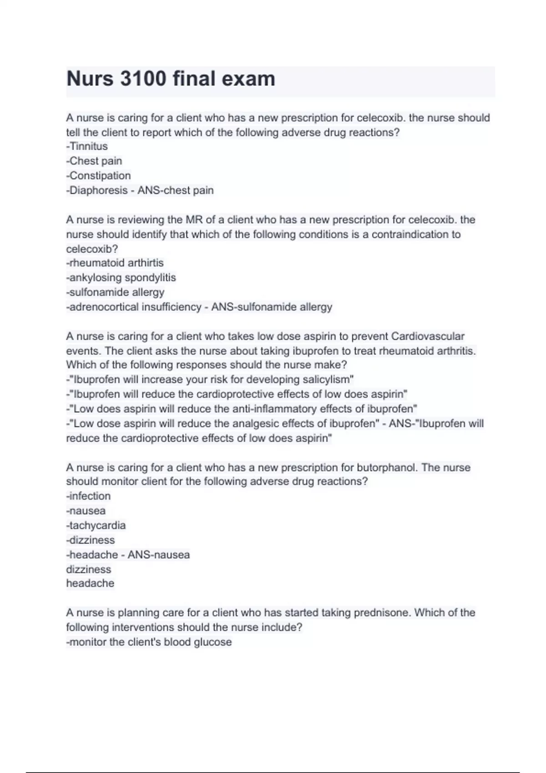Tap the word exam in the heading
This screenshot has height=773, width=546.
[248, 79]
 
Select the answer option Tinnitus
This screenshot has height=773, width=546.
[88, 146]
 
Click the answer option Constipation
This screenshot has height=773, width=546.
[100, 176]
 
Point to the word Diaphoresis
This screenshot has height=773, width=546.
[98, 190]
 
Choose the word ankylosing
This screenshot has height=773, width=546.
[95, 277]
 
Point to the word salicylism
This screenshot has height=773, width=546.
[327, 380]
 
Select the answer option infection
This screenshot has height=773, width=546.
[90, 496]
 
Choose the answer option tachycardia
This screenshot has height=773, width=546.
[97, 525]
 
